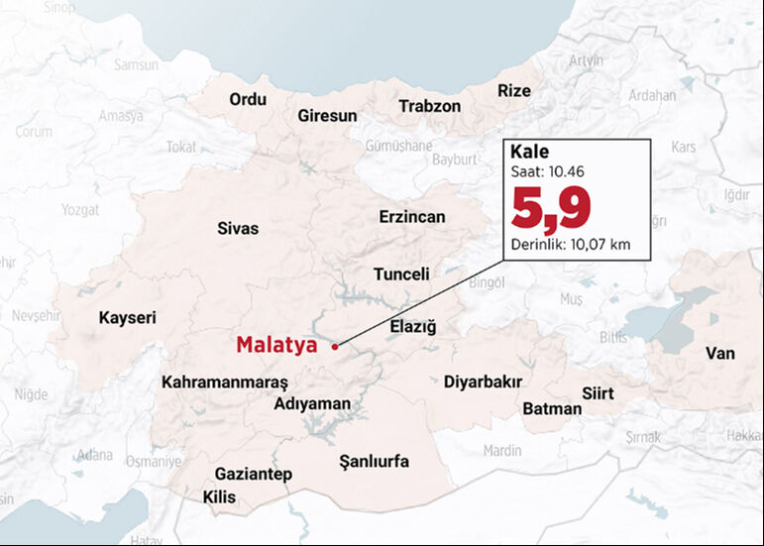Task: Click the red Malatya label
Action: (275, 345)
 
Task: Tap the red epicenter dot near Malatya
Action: (335, 347)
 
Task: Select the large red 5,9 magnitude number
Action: (550, 209)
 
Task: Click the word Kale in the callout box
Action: (528, 154)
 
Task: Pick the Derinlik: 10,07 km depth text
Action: (570, 245)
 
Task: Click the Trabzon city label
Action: (429, 106)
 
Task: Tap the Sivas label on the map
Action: (238, 229)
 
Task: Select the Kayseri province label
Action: (127, 317)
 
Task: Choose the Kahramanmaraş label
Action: (224, 382)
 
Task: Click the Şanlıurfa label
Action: (374, 461)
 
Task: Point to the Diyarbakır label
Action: (483, 382)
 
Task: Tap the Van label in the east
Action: (719, 353)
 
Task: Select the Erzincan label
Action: (412, 217)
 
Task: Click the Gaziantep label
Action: (253, 474)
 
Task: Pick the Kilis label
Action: (219, 496)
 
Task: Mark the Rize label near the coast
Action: (513, 90)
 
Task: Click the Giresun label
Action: (327, 116)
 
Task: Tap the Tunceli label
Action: (401, 274)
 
